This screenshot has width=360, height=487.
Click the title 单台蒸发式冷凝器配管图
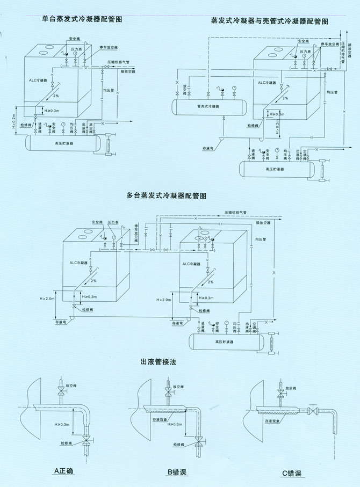point(82,19)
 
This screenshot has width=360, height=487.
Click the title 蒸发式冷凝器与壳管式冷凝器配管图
point(269,21)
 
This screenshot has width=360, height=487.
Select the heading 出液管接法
point(159,362)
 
